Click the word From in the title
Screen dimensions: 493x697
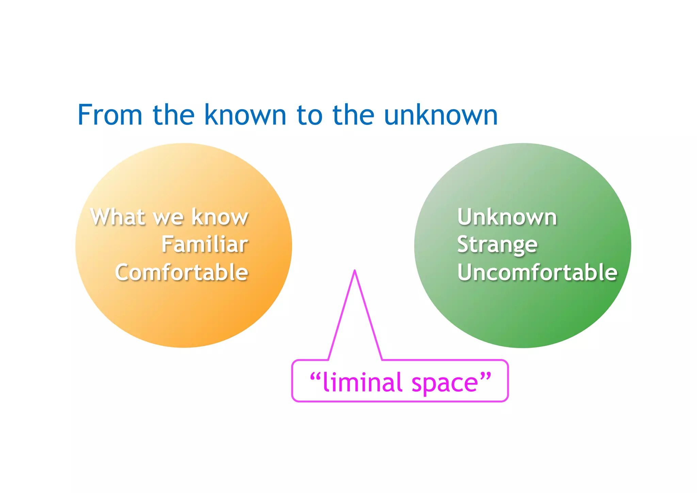tap(110, 115)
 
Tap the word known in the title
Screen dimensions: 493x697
tap(245, 115)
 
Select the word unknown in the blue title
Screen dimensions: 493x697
tap(441, 115)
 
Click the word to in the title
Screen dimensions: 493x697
tap(309, 115)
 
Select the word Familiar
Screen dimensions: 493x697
tap(205, 244)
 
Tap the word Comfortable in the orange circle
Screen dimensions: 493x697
tap(181, 272)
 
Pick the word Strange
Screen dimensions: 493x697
tap(497, 245)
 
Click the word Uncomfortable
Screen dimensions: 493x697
tap(537, 272)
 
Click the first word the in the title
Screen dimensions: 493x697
tap(174, 115)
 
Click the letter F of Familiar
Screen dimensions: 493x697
tap(166, 244)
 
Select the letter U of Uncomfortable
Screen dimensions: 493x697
tap(465, 272)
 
